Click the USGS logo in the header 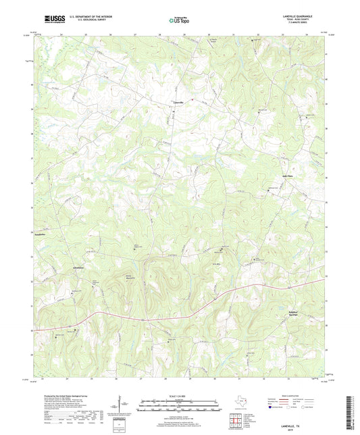50,20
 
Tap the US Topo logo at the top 180,20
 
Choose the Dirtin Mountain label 124,276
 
